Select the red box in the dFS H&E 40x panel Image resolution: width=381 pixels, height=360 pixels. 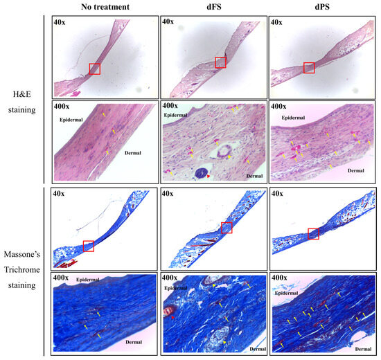pos(220,63)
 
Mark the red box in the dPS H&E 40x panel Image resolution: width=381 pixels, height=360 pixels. pos(309,67)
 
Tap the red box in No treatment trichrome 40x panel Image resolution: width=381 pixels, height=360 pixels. pos(88,246)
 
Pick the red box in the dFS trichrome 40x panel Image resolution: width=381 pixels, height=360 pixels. pos(227,228)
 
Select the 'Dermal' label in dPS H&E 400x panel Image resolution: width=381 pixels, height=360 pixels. pos(355,169)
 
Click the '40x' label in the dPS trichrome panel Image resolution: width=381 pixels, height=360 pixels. pos(277,194)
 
